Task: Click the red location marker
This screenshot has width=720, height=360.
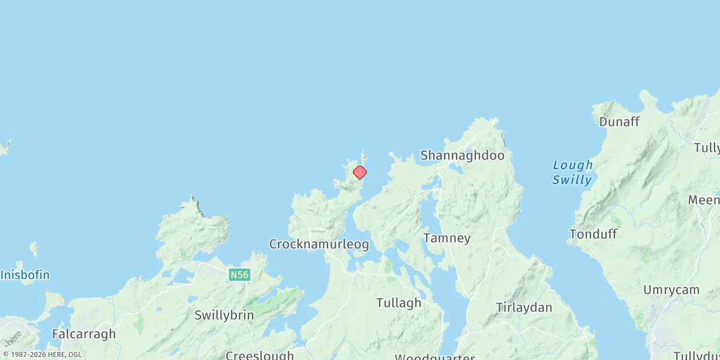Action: pos(359,173)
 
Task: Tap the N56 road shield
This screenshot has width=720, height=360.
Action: pos(238,275)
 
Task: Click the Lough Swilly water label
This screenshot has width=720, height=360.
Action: pos(572,172)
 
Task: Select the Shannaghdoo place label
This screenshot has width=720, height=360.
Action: pos(462,155)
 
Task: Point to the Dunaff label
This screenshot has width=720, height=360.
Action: pos(619,122)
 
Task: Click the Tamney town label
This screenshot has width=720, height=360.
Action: pos(447,238)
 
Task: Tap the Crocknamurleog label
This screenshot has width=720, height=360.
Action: pos(319,244)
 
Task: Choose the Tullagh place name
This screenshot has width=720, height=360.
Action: pos(399,303)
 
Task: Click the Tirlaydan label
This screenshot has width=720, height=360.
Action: pos(524,307)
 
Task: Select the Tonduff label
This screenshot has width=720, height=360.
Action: pos(593,235)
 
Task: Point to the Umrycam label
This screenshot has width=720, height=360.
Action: pos(671,290)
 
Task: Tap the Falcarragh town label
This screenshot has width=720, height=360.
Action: pos(84,334)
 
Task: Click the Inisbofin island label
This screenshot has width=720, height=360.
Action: pos(25,275)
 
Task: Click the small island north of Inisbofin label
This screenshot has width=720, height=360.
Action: pos(34,248)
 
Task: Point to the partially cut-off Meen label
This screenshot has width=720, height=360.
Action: pos(704,200)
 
